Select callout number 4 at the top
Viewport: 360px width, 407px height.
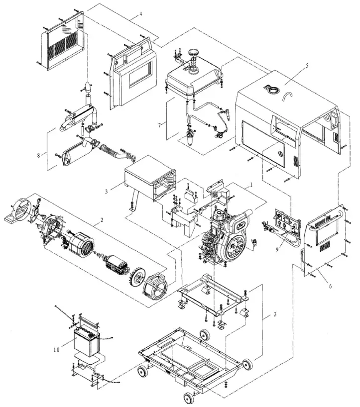[141, 13]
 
